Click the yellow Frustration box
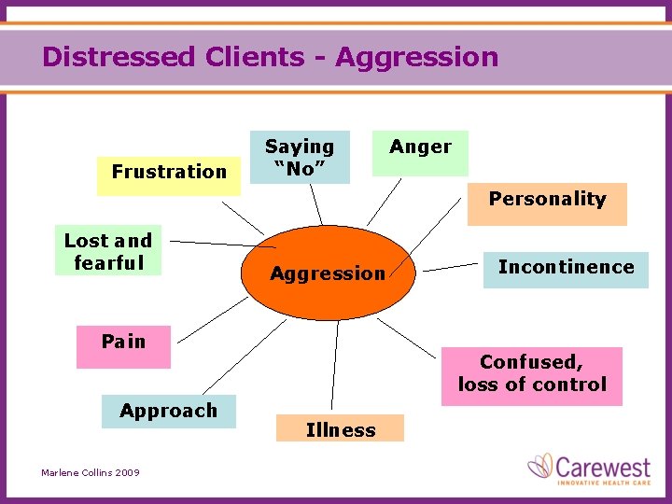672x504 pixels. click(x=169, y=172)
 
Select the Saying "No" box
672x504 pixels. click(x=300, y=157)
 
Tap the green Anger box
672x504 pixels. click(x=420, y=153)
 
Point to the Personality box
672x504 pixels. click(x=547, y=203)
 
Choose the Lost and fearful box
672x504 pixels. click(x=108, y=251)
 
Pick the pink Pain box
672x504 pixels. click(x=124, y=346)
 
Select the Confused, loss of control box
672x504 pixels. click(x=532, y=375)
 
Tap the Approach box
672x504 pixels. click(x=169, y=412)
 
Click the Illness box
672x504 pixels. click(x=341, y=429)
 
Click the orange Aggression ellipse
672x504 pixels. click(x=327, y=273)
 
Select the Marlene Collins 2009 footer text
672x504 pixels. click(x=91, y=473)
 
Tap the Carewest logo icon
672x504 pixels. click(x=541, y=466)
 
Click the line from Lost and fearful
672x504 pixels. click(x=224, y=245)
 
